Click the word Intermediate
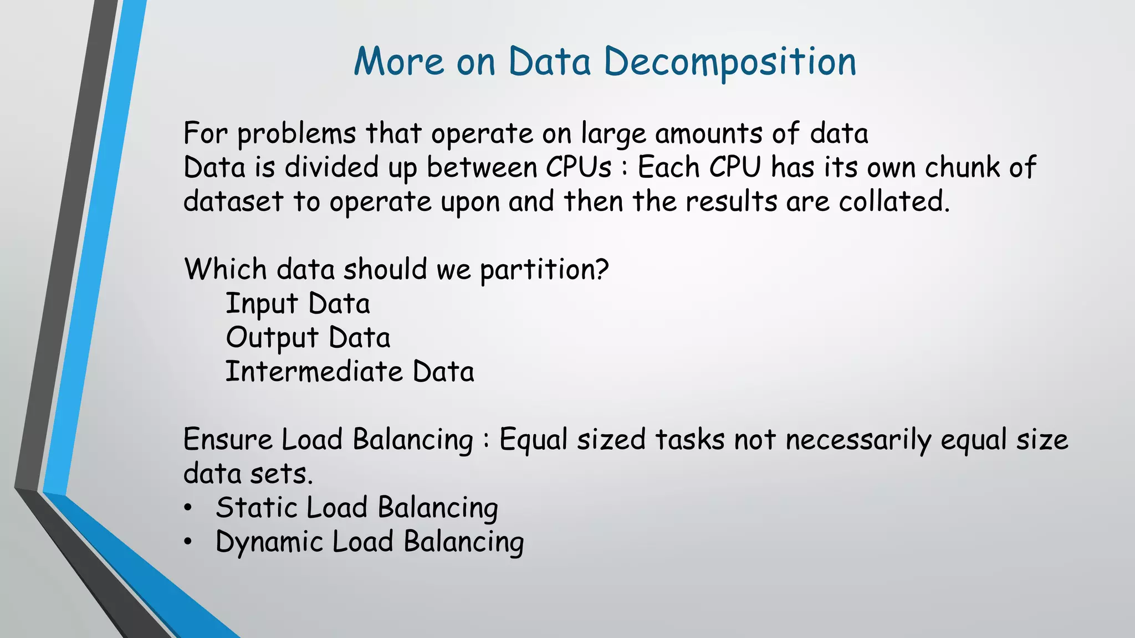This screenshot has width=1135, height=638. tap(314, 372)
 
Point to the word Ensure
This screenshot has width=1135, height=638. tap(228, 440)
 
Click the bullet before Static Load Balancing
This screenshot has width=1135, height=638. tap(188, 508)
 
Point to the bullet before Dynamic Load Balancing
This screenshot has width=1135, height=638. tap(188, 542)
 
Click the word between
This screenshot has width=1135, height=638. tap(482, 167)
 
